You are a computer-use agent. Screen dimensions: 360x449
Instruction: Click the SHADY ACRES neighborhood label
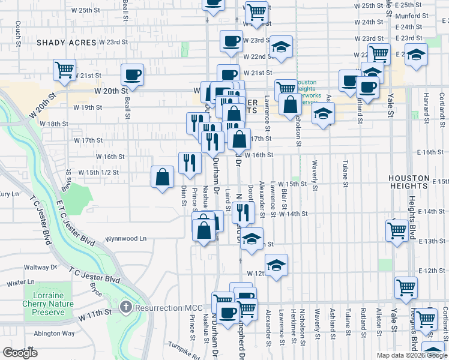click(67, 43)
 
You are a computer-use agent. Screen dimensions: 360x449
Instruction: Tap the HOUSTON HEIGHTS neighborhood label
click(417, 179)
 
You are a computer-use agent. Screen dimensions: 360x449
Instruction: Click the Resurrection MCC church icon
click(125, 308)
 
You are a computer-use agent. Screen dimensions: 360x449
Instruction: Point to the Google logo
click(20, 353)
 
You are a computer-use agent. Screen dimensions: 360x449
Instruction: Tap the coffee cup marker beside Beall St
click(132, 74)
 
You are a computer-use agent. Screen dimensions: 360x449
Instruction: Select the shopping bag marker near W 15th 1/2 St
click(163, 177)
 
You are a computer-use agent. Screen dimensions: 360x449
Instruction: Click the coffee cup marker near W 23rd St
click(231, 41)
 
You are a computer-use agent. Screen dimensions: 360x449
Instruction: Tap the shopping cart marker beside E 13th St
click(397, 229)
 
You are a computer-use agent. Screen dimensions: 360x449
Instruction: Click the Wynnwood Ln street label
click(126, 238)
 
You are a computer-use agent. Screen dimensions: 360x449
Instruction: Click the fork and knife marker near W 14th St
click(244, 212)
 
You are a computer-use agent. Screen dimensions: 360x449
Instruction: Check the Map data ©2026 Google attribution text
click(411, 355)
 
